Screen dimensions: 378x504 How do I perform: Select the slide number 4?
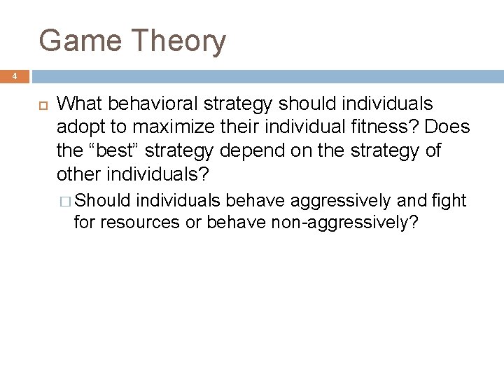point(14,76)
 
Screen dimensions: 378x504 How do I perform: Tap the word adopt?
point(78,128)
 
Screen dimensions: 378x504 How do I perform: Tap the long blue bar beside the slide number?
point(267,76)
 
